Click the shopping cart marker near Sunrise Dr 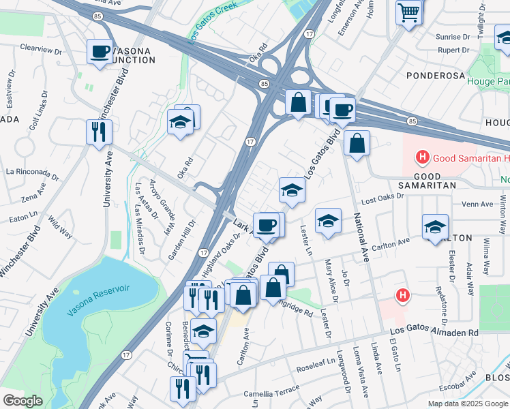[x=408, y=12]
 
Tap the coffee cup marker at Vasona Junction [x=100, y=51]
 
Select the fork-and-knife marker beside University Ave [x=99, y=132]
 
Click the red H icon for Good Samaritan [x=422, y=158]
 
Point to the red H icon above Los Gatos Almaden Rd [x=404, y=295]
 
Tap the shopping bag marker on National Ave [x=357, y=144]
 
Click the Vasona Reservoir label [x=99, y=301]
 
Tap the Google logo [x=22, y=400]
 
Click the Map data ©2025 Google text [x=467, y=404]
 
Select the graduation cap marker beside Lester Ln [x=328, y=221]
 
